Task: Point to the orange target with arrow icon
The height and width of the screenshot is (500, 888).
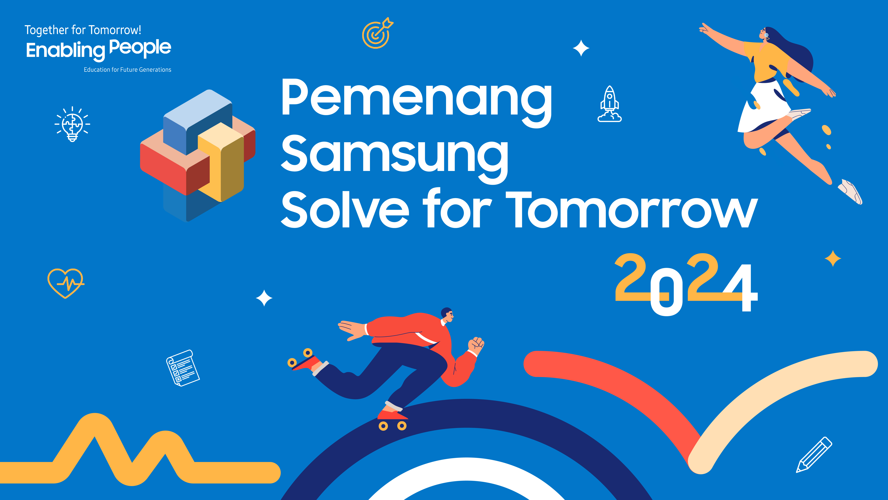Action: pos(377,33)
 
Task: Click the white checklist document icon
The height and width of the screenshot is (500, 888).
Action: pos(183,368)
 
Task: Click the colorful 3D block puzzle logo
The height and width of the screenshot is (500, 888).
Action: pos(198,155)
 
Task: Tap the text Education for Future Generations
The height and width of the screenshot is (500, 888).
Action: pos(128,70)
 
